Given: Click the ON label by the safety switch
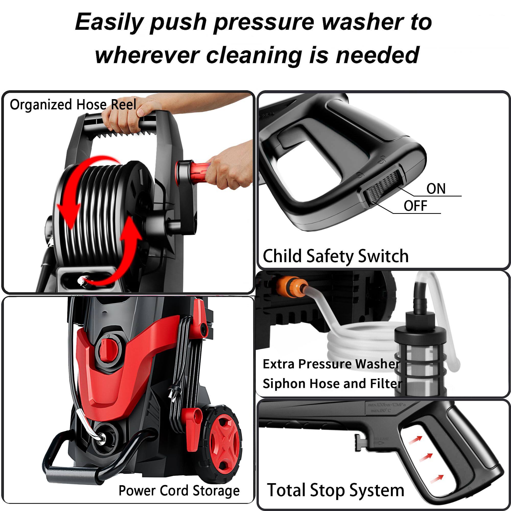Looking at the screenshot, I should tap(436, 189).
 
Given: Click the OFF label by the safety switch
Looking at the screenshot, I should tap(415, 206).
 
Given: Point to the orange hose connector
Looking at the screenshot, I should tap(292, 287).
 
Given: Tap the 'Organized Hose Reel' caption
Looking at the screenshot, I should tap(73, 105).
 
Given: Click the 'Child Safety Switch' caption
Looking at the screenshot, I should tap(335, 256).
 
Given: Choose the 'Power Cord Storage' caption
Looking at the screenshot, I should tap(179, 491).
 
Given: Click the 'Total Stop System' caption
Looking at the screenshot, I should tap(335, 490).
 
